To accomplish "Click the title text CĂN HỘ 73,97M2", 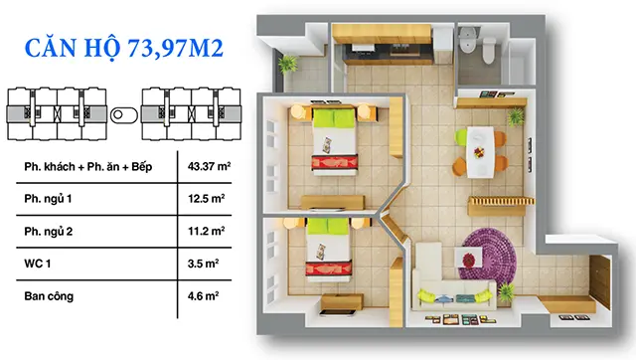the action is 123,49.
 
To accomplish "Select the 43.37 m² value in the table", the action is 209,166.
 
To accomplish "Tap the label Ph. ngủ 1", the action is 48,199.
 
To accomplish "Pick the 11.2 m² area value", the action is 206,232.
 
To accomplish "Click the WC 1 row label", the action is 38,264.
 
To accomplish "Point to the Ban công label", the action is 49,296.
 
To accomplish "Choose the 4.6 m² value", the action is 203,296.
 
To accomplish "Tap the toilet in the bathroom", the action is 489,50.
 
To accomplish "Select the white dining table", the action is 480,152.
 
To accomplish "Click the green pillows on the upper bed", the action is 334,117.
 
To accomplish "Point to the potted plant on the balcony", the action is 287,64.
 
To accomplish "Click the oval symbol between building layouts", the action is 124,114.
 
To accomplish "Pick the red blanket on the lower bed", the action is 329,269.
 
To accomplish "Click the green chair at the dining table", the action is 461,137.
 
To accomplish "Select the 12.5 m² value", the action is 206,199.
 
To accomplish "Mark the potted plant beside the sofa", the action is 506,291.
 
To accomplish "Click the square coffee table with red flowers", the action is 468,259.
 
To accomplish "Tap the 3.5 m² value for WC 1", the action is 203,264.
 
